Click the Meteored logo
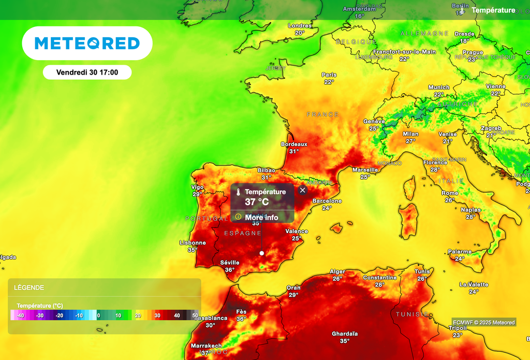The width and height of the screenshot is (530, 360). coord(87,43)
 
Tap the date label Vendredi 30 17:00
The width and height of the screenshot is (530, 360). coord(87,73)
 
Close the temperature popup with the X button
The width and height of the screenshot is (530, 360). coord(303,190)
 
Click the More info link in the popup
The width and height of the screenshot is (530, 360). coord(261,217)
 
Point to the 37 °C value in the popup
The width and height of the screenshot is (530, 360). coord(257,201)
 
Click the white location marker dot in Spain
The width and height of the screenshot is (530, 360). coord(262,253)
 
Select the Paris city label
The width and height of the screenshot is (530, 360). coord(329,75)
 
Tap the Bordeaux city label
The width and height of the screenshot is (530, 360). coord(294,144)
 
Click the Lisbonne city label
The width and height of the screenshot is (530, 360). coord(193,242)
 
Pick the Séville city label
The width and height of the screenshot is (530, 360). coord(229,262)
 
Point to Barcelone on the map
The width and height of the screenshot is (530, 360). coord(327,201)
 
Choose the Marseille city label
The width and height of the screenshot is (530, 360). coord(365,169)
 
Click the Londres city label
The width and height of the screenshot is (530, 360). coord(300,25)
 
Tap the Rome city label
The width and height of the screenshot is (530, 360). coord(450,193)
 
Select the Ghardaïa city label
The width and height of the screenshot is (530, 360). coord(345,334)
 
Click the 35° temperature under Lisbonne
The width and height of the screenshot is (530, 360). coord(193,250)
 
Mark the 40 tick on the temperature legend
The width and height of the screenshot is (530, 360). coord(176,315)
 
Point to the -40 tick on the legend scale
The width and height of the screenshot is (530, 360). coord(20,315)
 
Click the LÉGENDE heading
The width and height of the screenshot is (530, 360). coord(29,287)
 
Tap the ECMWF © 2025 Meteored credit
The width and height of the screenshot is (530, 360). coord(484,322)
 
